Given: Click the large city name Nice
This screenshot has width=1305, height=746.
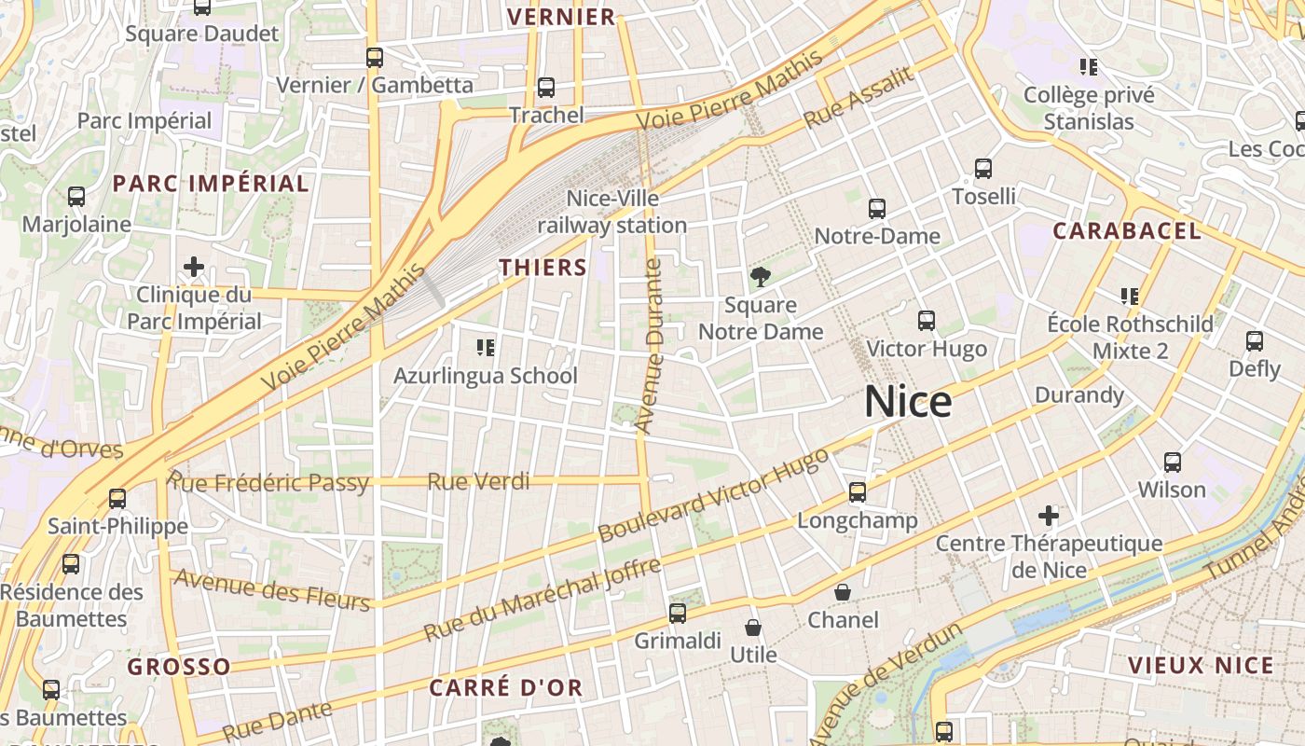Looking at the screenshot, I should pos(908,402).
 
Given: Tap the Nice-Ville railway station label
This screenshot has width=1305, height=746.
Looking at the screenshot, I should pos(612,212).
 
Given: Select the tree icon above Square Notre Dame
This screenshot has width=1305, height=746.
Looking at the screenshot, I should pos(761,276).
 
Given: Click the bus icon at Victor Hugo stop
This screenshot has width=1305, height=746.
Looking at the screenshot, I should pos(927,321).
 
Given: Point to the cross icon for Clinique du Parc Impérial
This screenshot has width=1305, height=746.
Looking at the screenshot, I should pos(194,268).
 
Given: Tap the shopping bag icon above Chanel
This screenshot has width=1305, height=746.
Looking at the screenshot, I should pos(843,592).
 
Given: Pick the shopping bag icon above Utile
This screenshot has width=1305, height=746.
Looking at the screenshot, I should pos(753,628).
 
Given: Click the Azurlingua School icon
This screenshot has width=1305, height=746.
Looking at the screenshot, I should pos(486,348).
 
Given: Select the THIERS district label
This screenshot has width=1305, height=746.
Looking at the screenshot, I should pos(543,268).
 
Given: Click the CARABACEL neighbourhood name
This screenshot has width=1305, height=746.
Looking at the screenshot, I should pos(1127,231).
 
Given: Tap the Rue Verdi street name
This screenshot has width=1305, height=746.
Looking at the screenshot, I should pos(478,481).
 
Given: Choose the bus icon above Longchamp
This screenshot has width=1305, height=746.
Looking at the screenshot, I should pos(858,492).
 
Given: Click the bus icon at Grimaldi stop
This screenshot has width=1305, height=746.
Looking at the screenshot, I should pos(678,614).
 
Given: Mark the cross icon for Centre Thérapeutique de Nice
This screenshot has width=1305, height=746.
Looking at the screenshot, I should pos(1049,515).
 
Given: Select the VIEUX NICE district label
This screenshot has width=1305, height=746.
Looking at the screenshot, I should pos(1201,665).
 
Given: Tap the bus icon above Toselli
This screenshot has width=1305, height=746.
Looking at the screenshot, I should pos(983,169).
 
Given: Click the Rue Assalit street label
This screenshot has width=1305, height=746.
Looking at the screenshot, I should pos(859,99).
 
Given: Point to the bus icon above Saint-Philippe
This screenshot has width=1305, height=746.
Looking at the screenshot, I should pos(117,499).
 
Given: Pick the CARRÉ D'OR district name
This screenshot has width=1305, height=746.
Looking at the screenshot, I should pos(506,688).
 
